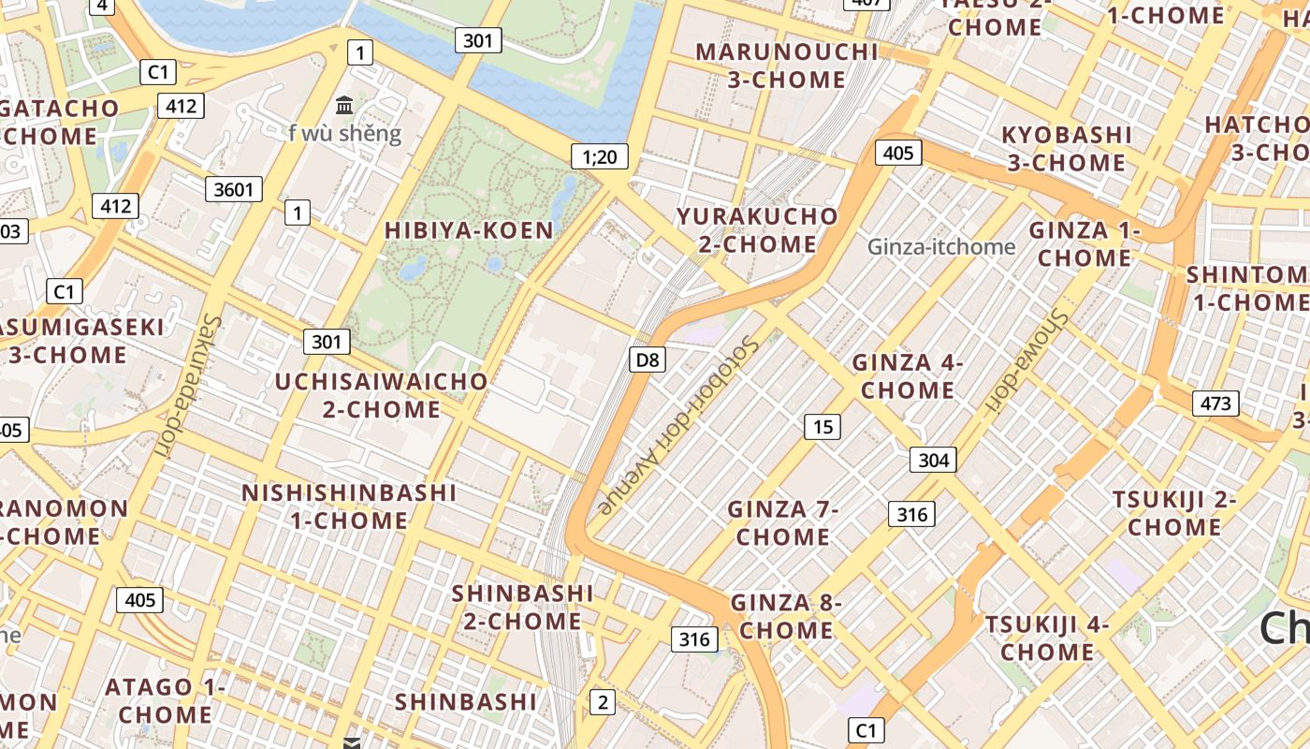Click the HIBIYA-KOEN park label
tap(469, 230)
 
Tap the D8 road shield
tap(647, 360)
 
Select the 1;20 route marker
tap(600, 157)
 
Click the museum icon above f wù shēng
tap(344, 105)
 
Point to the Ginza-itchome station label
tap(940, 247)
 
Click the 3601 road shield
tap(234, 190)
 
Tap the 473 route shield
tap(1215, 404)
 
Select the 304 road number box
tap(933, 460)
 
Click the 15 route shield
tap(822, 428)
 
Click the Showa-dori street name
tap(1028, 360)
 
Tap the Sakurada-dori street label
tap(185, 384)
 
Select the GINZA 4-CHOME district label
tap(907, 376)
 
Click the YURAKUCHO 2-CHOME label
tap(758, 230)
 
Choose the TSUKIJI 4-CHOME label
tap(1046, 638)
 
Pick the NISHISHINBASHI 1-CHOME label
tap(349, 507)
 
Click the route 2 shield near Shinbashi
tap(603, 702)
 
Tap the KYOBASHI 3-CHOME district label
tap(1067, 149)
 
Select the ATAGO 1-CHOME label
tap(165, 700)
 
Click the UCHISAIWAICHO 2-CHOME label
tap(381, 395)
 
